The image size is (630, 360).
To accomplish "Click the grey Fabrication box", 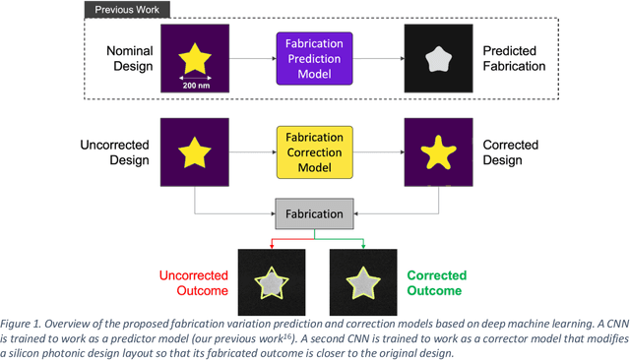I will (x=315, y=212).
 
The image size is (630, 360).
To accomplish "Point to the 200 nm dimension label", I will (x=196, y=86).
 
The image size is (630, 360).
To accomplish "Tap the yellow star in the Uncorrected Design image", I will (x=195, y=153).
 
